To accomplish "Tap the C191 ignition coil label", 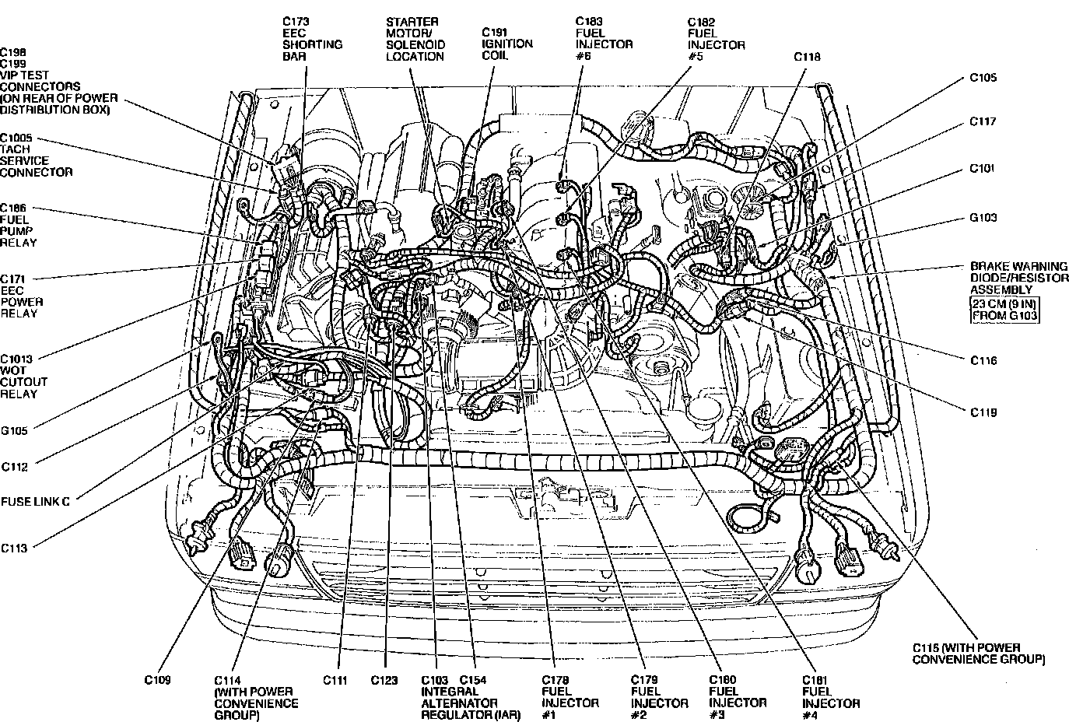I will click(507, 44).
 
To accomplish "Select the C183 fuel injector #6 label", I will click(604, 39).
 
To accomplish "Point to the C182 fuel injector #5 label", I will click(716, 39).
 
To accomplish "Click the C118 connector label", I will click(807, 57).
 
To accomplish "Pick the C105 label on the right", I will click(983, 78).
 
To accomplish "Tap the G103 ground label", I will click(983, 218).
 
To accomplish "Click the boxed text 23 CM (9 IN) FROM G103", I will click(1004, 309).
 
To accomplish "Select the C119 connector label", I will click(983, 412).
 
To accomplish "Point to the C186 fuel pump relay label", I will click(19, 226).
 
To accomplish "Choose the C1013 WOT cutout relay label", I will click(24, 376).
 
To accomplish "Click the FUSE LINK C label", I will click(36, 502).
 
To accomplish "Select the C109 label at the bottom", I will click(157, 679).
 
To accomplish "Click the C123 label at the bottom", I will click(384, 680).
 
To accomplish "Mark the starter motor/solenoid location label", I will click(415, 39).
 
